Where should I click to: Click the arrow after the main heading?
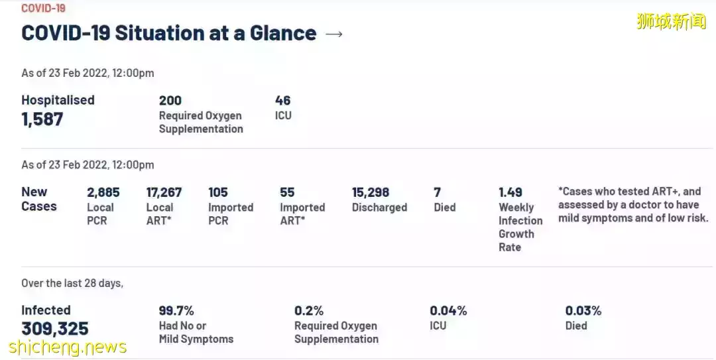[334, 34]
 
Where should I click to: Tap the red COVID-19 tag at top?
[43, 8]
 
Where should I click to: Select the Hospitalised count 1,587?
[42, 119]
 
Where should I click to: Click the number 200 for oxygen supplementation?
[170, 100]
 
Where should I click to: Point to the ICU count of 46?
[283, 100]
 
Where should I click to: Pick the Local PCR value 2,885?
[103, 192]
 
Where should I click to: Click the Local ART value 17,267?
[164, 192]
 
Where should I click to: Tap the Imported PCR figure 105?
[218, 192]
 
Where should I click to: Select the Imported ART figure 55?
[287, 192]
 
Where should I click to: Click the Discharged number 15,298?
[371, 192]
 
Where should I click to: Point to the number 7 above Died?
[438, 192]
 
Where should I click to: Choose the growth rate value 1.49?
[510, 192]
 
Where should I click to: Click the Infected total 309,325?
[55, 329]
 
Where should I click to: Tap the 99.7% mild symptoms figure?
[176, 310]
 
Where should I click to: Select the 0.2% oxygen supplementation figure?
[309, 310]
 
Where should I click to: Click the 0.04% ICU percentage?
[448, 310]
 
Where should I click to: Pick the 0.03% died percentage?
[583, 310]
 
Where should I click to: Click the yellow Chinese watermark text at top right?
[671, 21]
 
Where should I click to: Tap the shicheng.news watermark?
[68, 347]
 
